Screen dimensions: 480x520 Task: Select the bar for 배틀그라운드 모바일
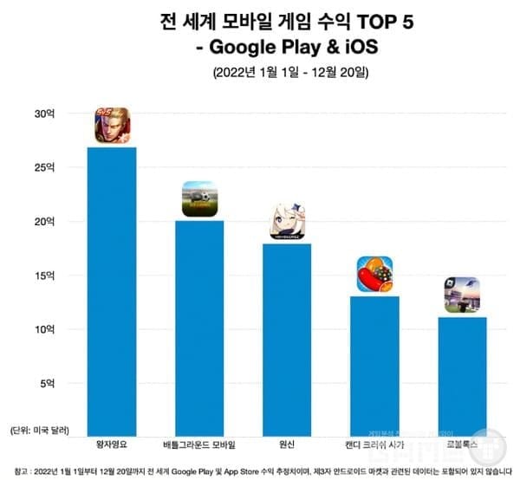(x=199, y=328)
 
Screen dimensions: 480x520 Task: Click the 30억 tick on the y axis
(x=43, y=114)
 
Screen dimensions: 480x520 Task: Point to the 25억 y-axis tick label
(x=43, y=168)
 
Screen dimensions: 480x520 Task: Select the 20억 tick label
(x=43, y=222)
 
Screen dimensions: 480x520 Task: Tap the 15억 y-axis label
(x=43, y=276)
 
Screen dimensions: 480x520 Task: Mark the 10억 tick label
(x=43, y=329)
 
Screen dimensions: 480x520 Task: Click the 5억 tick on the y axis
(x=47, y=383)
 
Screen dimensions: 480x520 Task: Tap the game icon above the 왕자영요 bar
(x=112, y=126)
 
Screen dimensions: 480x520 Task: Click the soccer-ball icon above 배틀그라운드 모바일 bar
(x=199, y=199)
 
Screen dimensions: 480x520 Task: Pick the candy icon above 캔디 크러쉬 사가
(x=374, y=275)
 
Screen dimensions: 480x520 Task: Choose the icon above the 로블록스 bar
(x=461, y=295)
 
